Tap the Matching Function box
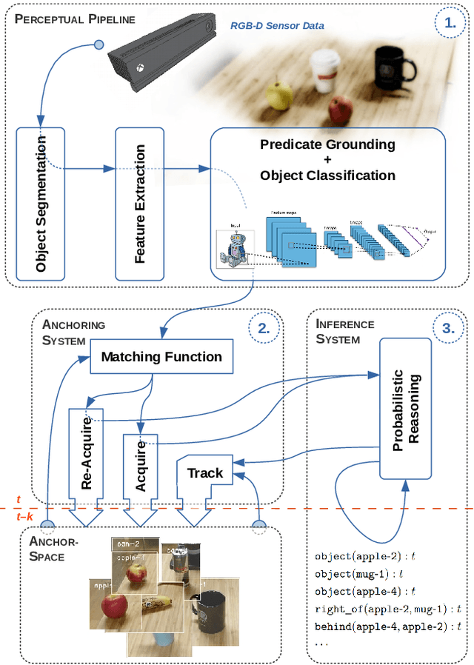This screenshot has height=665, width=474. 161,357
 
